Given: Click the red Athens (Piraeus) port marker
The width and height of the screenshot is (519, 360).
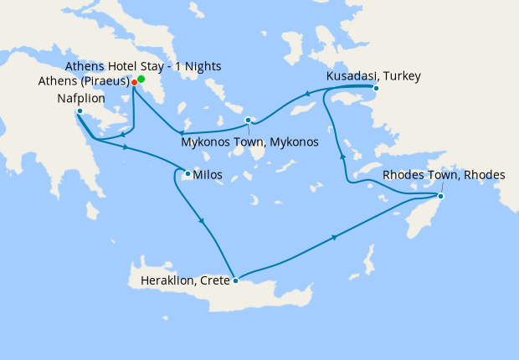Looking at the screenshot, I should click(x=134, y=83).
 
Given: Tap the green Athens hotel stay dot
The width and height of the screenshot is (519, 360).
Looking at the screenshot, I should click(x=141, y=79).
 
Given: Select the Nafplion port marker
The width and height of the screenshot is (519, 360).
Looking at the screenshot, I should click(x=79, y=111).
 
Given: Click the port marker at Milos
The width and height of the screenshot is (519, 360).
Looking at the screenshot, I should click(x=188, y=174).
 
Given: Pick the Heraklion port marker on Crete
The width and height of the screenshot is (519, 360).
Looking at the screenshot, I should click(x=236, y=280).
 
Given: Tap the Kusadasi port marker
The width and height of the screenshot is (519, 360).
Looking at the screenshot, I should click(x=376, y=88).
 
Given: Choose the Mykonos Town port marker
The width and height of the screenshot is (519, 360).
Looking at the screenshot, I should click(x=248, y=121).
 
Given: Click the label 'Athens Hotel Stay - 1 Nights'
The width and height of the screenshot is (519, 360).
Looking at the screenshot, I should click(x=138, y=66).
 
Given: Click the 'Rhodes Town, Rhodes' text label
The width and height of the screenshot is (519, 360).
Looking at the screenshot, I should click(x=444, y=175).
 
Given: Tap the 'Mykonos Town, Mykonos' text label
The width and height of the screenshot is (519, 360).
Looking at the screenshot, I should click(x=249, y=142).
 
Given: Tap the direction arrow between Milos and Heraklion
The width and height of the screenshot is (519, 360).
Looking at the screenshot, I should click(x=202, y=222).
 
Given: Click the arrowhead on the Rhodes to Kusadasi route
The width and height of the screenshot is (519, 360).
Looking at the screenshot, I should click(x=340, y=155).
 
